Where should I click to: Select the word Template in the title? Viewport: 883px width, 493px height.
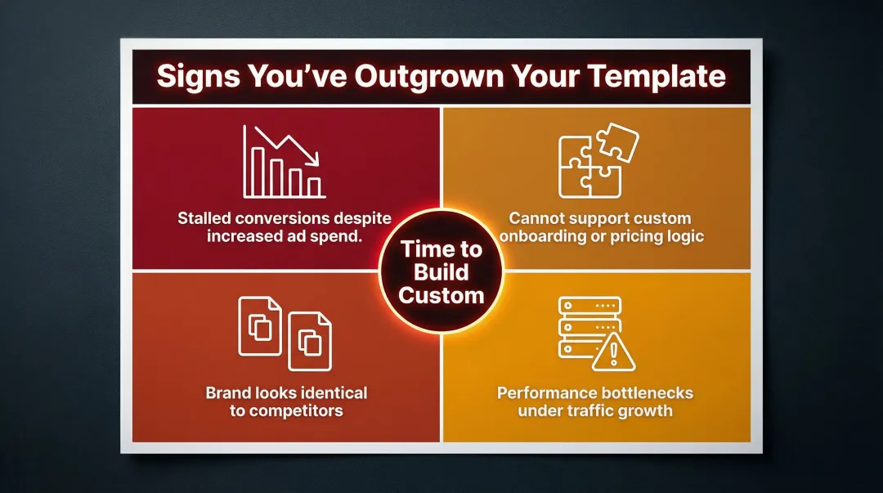pyautogui.click(x=658, y=76)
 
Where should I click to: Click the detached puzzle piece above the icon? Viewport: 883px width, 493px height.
pyautogui.click(x=614, y=141)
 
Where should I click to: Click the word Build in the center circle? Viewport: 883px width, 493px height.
pyautogui.click(x=441, y=273)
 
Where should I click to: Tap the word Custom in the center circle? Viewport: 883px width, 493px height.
pyautogui.click(x=441, y=295)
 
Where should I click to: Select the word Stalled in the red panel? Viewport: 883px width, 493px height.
pyautogui.click(x=205, y=219)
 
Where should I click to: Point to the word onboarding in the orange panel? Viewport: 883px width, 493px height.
pyautogui.click(x=545, y=237)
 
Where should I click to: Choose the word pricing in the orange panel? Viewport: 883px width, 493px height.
pyautogui.click(x=634, y=237)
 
